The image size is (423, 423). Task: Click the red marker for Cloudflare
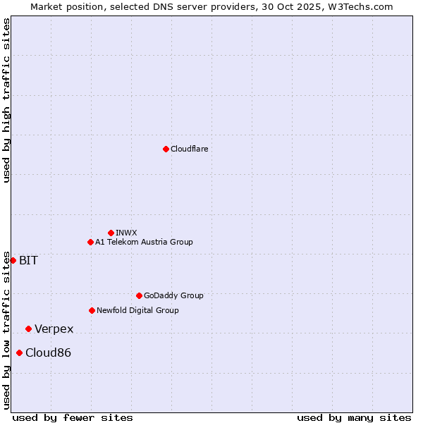(166, 149)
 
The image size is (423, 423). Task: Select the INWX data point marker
(111, 233)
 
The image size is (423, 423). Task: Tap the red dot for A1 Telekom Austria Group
(90, 242)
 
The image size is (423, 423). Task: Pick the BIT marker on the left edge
(13, 260)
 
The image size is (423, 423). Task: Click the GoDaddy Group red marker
(139, 295)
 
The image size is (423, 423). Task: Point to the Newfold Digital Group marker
(92, 310)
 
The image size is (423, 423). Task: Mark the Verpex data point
(28, 329)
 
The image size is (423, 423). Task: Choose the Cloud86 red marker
(19, 352)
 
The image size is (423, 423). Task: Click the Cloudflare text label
(189, 149)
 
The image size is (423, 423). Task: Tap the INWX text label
(126, 233)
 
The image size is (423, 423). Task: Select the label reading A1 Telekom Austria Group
(144, 242)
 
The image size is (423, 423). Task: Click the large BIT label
(28, 260)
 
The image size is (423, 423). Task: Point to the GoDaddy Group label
(173, 295)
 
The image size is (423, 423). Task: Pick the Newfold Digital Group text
(137, 310)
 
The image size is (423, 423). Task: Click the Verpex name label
(54, 329)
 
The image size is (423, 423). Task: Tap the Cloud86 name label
(48, 353)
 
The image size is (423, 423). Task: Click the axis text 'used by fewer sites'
(73, 417)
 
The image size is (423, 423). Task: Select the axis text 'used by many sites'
(354, 417)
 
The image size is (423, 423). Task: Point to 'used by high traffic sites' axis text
(6, 100)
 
